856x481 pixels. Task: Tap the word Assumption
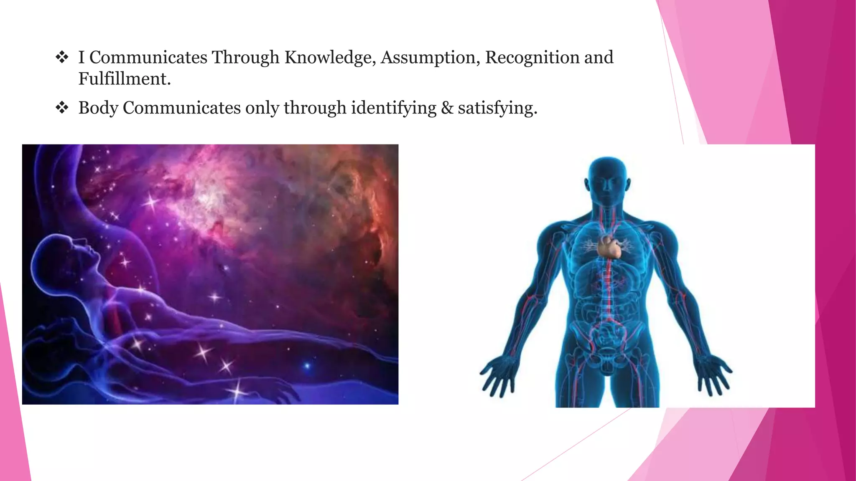pos(430,58)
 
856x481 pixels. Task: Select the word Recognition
pos(532,58)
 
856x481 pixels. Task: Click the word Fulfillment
pos(124,79)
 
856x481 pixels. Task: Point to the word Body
pos(98,108)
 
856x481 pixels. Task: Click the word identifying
pos(393,108)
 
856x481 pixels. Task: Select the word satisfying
pos(497,108)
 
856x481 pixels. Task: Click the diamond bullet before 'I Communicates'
pos(62,57)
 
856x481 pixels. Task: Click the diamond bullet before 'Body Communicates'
pos(62,108)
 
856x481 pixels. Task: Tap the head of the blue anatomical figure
pos(607,180)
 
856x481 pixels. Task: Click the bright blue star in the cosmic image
pos(307,366)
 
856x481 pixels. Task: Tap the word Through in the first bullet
pos(245,58)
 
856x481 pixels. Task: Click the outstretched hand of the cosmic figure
pos(280,390)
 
